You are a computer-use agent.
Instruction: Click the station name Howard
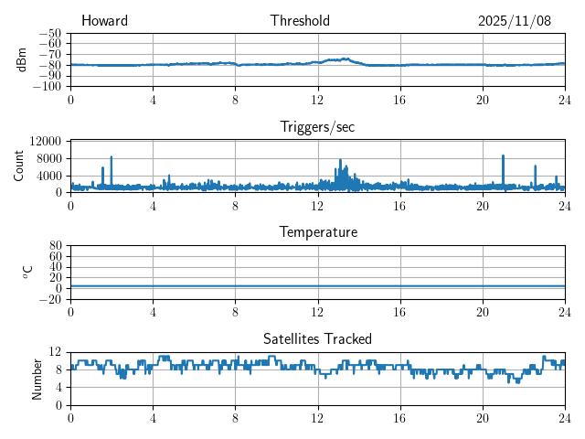click(x=104, y=21)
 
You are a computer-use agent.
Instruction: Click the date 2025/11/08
click(x=515, y=21)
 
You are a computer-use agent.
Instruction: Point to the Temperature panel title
click(x=317, y=232)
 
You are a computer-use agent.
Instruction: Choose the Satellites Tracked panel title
click(x=317, y=338)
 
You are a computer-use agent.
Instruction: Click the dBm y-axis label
click(x=22, y=59)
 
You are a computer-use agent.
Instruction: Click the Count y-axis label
click(x=19, y=166)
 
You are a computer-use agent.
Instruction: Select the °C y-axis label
click(x=27, y=271)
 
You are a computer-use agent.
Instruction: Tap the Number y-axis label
click(x=37, y=378)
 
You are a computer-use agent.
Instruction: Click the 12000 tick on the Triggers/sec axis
click(x=45, y=141)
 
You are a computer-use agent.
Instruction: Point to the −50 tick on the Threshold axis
click(x=49, y=34)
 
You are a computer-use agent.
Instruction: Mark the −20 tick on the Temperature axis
click(x=48, y=299)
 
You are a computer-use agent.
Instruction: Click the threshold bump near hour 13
click(x=339, y=59)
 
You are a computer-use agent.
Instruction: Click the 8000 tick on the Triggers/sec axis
click(x=48, y=158)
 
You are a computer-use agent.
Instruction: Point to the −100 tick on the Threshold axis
click(x=47, y=87)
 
